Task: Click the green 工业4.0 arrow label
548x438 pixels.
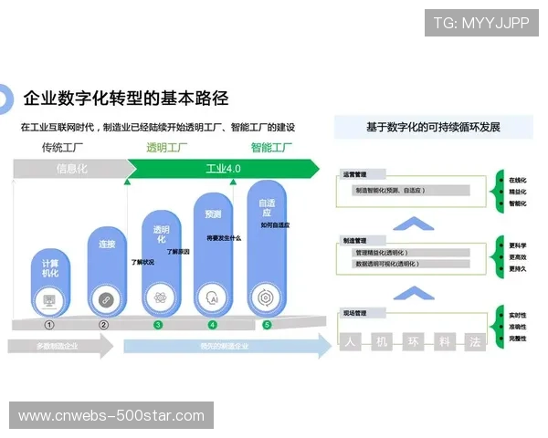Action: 222,169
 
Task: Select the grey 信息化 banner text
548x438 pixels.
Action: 71,169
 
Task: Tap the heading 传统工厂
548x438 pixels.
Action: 62,148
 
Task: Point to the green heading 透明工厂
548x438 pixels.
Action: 167,148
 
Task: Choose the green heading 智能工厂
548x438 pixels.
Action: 271,148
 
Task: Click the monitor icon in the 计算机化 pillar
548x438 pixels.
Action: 49,298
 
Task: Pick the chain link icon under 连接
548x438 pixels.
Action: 104,298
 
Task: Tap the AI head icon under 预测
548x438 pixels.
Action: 213,298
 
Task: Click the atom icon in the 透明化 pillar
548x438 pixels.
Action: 160,298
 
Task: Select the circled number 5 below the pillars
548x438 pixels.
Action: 267,324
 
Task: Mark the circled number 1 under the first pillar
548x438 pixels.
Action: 49,324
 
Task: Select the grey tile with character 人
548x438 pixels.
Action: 350,343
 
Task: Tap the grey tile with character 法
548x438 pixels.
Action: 473,343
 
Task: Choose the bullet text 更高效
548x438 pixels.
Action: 517,257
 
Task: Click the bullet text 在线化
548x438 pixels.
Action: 517,181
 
